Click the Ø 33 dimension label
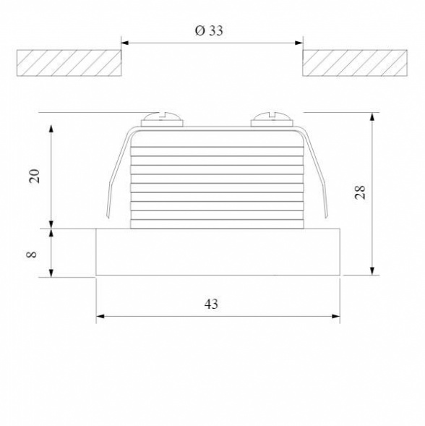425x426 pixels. click(x=209, y=30)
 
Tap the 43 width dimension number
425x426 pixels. click(x=211, y=304)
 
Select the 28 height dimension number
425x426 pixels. click(x=360, y=192)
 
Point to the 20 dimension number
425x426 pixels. click(x=35, y=176)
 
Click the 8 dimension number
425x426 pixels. click(x=32, y=255)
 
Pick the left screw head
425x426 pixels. click(x=162, y=119)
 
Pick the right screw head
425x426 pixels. click(x=272, y=119)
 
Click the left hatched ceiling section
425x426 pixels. click(x=69, y=63)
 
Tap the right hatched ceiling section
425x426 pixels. click(x=355, y=63)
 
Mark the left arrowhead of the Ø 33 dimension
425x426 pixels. click(x=124, y=43)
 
